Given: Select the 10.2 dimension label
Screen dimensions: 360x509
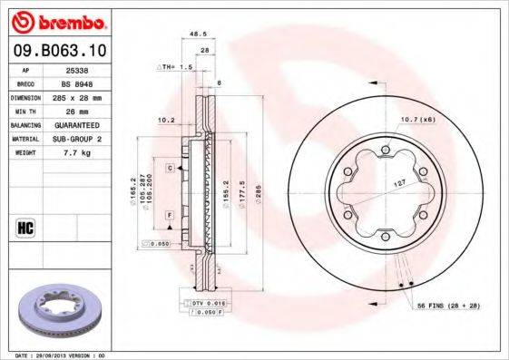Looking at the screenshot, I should [x=165, y=119].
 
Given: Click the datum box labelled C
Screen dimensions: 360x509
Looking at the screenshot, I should [x=170, y=168].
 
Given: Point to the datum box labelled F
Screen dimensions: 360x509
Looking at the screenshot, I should [x=170, y=213].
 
